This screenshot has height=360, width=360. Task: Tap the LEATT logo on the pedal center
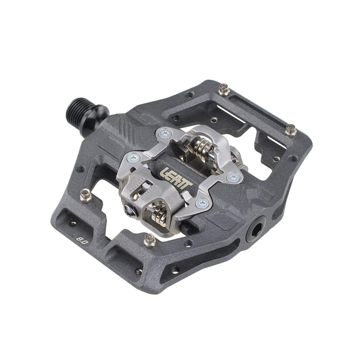point(175,177)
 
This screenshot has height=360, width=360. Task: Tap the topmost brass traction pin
point(224,91)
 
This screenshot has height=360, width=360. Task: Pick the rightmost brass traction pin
point(289,130)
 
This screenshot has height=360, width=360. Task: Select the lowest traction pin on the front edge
point(150,239)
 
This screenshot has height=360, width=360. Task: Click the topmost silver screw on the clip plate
point(164,134)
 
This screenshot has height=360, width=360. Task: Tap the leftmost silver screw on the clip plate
point(135,158)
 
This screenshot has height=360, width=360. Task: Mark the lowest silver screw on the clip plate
point(201,204)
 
